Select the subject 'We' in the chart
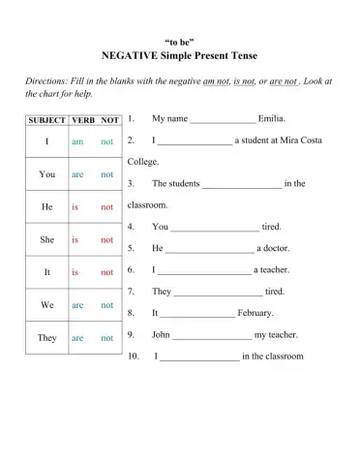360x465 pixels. tap(46, 304)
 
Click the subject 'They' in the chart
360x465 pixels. tap(46, 338)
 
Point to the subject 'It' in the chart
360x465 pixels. tap(46, 272)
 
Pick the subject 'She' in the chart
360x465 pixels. tap(46, 239)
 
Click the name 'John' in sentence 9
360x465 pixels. tap(161, 334)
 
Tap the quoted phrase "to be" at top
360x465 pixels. tap(180, 41)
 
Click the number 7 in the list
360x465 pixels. tap(131, 292)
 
